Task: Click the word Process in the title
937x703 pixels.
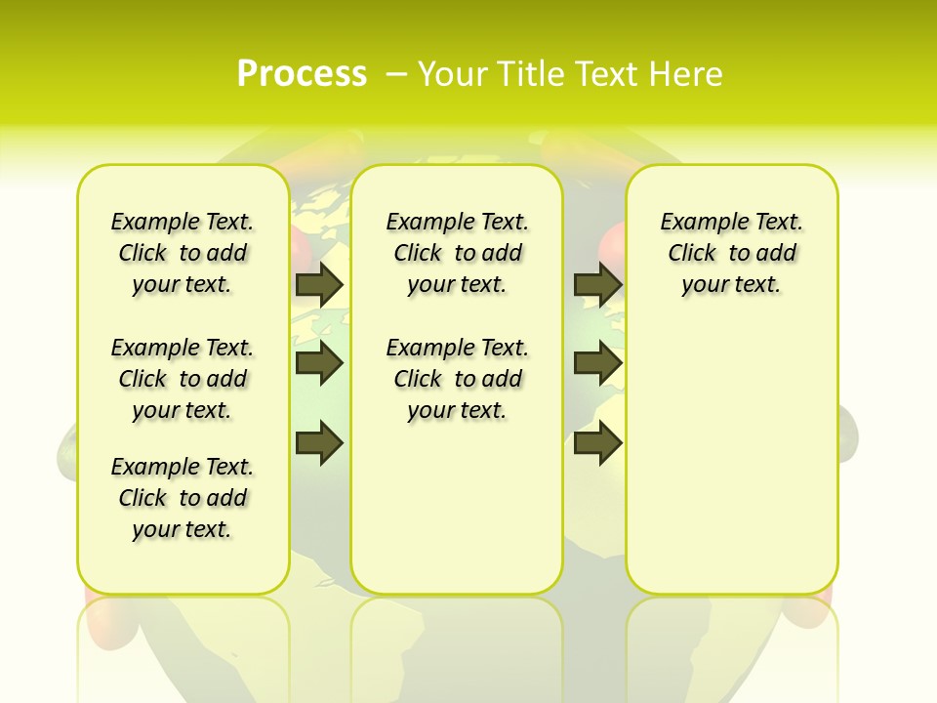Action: coord(302,74)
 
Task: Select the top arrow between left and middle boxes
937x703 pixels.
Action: coord(319,284)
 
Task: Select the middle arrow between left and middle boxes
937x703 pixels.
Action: coord(319,363)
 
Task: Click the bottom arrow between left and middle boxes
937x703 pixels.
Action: coord(319,443)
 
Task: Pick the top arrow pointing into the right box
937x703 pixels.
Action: coord(597,284)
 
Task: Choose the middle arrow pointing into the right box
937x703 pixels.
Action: coord(597,363)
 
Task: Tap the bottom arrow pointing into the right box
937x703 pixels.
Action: coord(597,443)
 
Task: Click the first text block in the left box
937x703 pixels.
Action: coord(183,253)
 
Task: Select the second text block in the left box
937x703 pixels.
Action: coord(183,379)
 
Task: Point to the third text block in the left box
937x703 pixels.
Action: coord(183,498)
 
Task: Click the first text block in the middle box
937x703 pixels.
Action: coord(457,253)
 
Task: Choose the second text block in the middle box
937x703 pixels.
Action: coord(457,379)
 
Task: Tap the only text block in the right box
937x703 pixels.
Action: coord(731,253)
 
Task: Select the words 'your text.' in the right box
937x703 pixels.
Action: coord(731,285)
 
